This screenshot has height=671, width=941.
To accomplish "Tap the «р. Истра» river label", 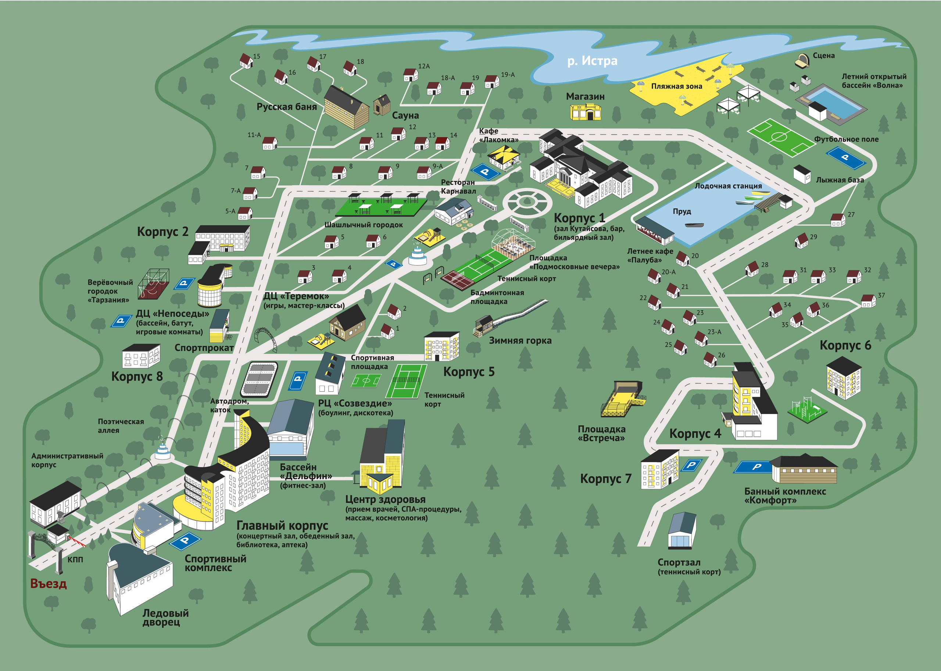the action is (x=593, y=61).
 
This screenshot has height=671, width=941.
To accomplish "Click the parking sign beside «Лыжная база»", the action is (x=845, y=158).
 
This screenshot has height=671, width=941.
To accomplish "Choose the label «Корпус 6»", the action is (x=845, y=345).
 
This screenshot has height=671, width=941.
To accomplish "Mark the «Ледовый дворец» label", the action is (x=165, y=618).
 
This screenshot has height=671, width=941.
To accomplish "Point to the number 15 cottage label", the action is (x=257, y=56).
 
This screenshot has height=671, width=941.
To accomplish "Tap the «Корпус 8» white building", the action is (x=141, y=356).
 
